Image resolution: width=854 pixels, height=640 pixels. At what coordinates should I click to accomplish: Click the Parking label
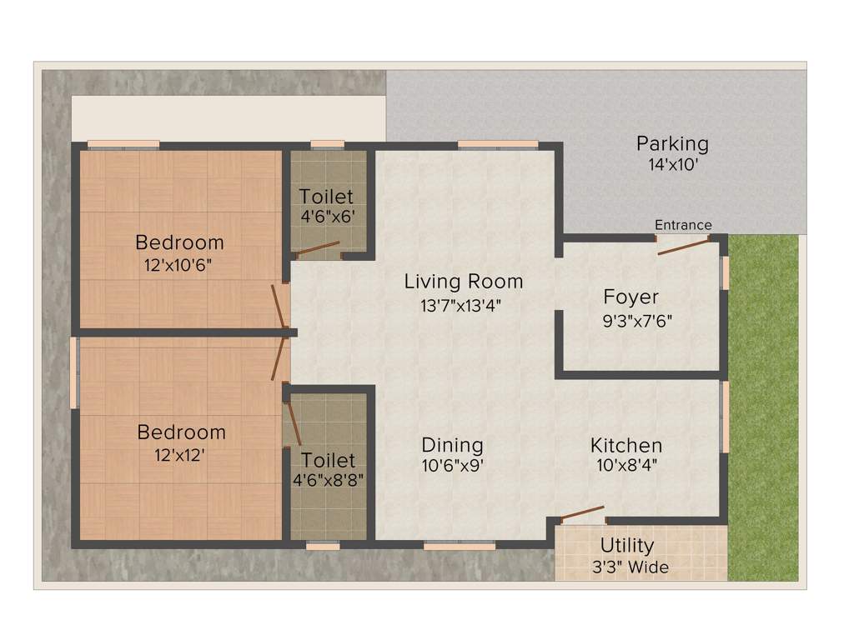pyautogui.click(x=672, y=143)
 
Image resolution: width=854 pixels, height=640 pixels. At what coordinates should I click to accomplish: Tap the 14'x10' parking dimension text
pyautogui.click(x=672, y=165)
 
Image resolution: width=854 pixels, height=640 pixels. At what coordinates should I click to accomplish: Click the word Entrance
pyautogui.click(x=683, y=225)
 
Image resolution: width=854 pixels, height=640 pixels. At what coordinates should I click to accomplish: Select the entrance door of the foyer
pyautogui.click(x=684, y=244)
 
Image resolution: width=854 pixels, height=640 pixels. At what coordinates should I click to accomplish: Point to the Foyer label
pyautogui.click(x=631, y=297)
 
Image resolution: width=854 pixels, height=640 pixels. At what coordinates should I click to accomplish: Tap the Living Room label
pyautogui.click(x=464, y=282)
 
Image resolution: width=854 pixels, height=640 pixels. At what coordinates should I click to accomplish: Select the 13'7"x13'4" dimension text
pyautogui.click(x=464, y=305)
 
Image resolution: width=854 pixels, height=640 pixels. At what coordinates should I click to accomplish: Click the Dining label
pyautogui.click(x=452, y=444)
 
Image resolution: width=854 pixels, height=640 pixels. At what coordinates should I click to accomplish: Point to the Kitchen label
pyautogui.click(x=626, y=444)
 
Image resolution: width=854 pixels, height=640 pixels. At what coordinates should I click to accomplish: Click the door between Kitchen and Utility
pyautogui.click(x=581, y=513)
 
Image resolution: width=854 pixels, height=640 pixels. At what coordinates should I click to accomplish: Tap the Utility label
pyautogui.click(x=627, y=546)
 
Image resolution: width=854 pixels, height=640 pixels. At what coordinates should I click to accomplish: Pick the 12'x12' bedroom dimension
pyautogui.click(x=181, y=456)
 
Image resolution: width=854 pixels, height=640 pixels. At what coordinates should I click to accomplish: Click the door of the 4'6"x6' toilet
pyautogui.click(x=318, y=248)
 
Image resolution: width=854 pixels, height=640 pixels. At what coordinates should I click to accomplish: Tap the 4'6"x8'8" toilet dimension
pyautogui.click(x=328, y=481)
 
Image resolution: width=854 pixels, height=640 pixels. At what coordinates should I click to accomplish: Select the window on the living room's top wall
pyautogui.click(x=498, y=144)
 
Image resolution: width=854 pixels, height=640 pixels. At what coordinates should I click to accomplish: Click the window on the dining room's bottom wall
pyautogui.click(x=459, y=546)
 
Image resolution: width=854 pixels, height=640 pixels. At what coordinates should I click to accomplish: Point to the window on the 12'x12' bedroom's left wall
pyautogui.click(x=74, y=372)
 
